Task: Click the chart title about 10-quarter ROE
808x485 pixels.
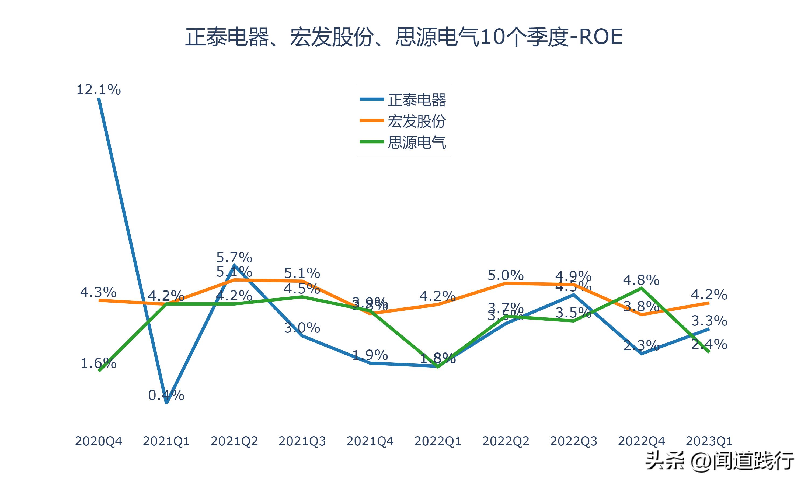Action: point(404,37)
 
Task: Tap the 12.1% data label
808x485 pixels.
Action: point(98,89)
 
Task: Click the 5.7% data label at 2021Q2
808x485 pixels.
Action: point(234,258)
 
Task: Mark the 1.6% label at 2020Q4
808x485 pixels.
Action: point(98,363)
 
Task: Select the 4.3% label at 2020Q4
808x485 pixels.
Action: point(98,292)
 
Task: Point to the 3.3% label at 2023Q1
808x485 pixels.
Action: point(709,321)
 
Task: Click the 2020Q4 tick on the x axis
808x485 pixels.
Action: point(98,441)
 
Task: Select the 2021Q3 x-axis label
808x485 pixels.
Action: point(302,441)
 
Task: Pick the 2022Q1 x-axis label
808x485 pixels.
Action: point(438,441)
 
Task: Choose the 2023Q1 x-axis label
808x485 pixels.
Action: point(709,441)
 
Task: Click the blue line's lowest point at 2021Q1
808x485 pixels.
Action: point(166,403)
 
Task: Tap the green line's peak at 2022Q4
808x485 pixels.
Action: point(642,288)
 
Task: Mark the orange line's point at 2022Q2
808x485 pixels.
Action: point(506,283)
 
